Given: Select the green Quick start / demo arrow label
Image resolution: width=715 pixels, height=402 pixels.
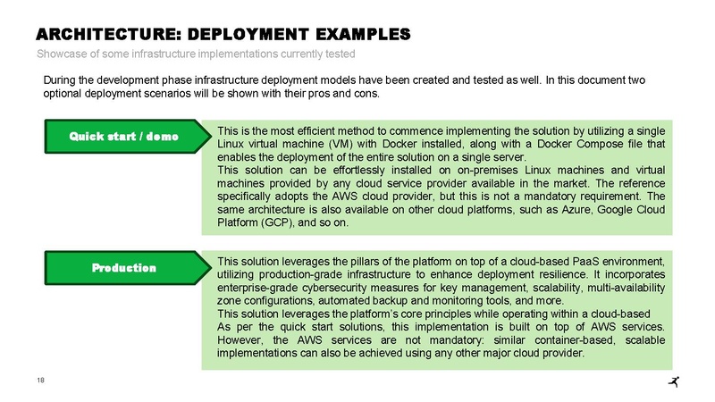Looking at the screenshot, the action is coord(128,137).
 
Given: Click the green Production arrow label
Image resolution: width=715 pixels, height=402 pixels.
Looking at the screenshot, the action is coord(128,267).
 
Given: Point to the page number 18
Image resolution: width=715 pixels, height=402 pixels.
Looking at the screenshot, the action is coord(40,381).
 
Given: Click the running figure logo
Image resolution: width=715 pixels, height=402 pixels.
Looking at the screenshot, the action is coord(674,381).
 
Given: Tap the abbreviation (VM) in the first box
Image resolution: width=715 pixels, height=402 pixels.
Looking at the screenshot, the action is coord(340,144).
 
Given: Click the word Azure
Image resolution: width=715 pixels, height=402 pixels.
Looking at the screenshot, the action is coord(576,210).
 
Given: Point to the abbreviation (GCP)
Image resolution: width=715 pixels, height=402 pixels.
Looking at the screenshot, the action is coord(278,222).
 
